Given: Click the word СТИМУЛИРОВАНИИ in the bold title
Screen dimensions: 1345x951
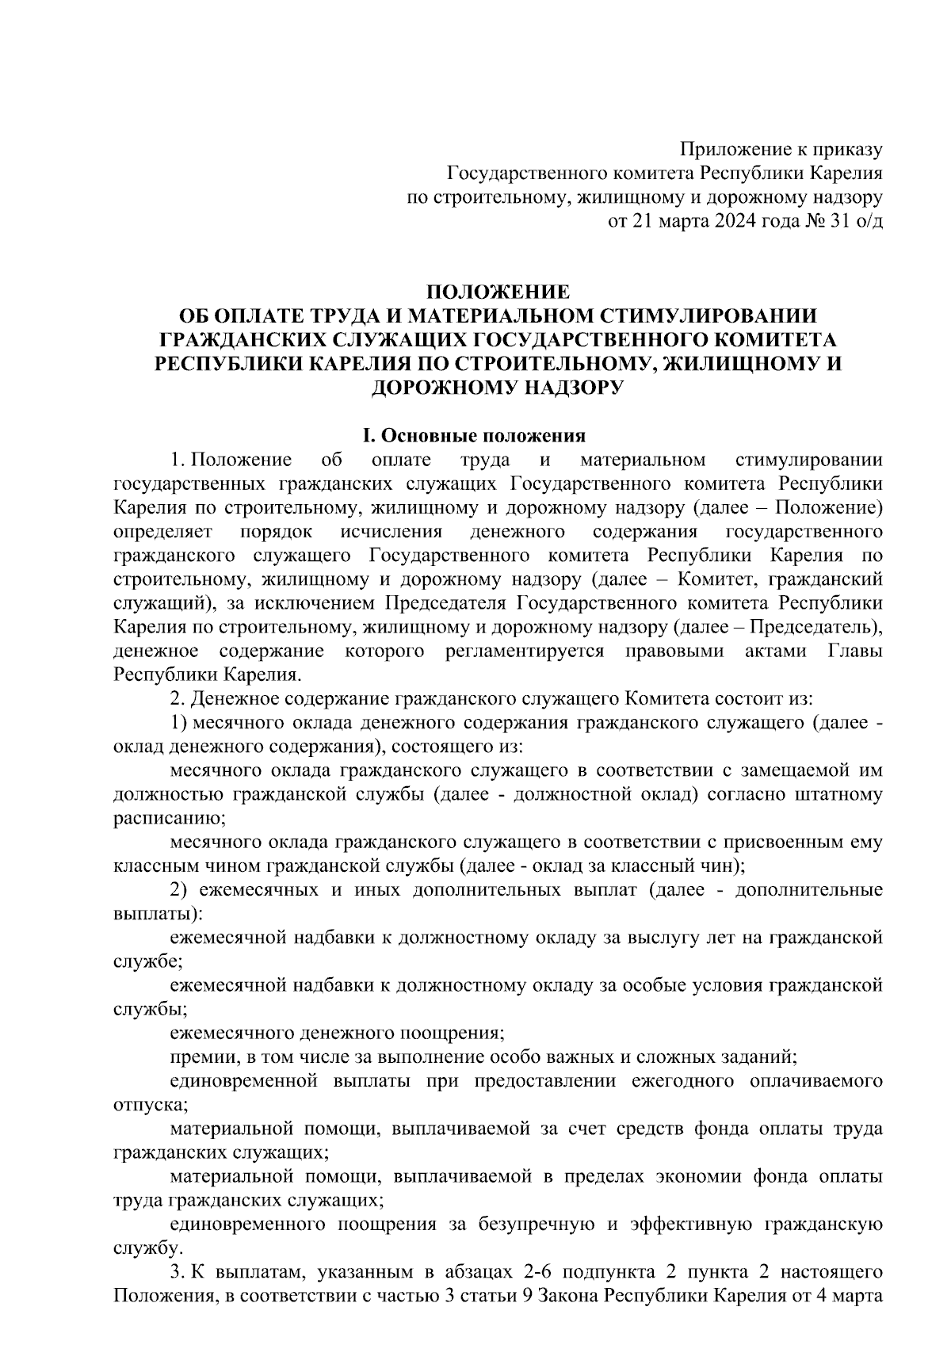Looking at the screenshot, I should coord(710,315).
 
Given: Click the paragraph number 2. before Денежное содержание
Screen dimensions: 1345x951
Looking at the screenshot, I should coord(178,699).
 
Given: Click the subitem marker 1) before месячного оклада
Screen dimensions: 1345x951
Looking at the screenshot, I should coord(178,723).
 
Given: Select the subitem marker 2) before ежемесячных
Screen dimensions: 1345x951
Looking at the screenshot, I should coord(178,890).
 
